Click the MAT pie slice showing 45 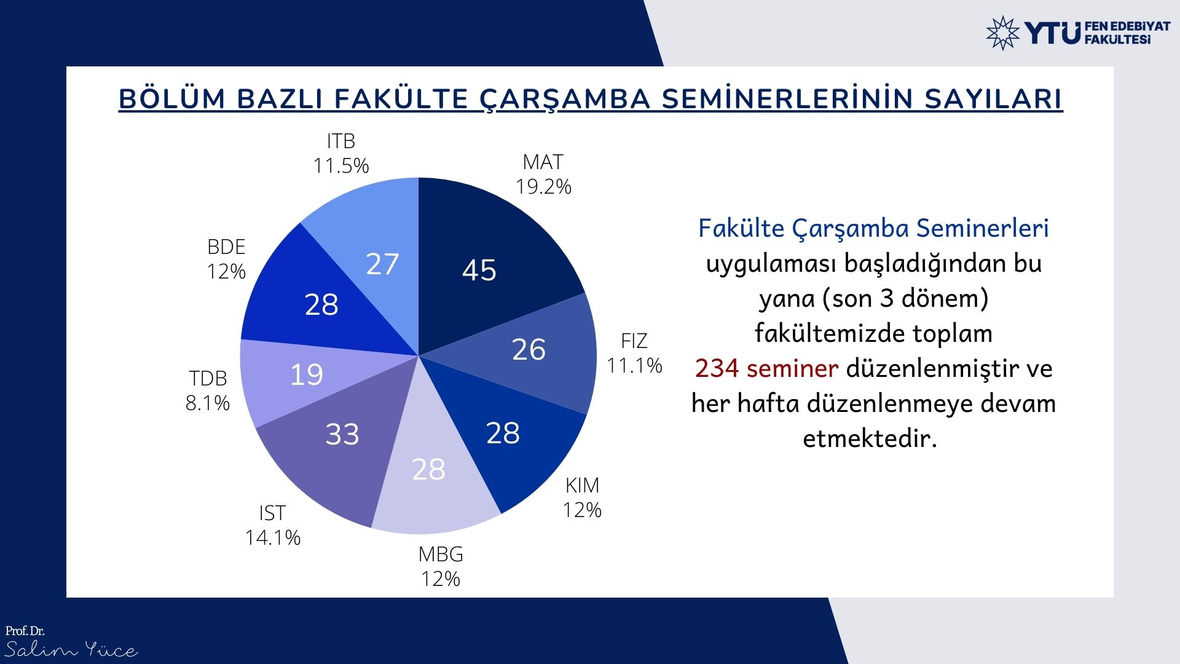pos(486,258)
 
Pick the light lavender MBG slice pos(430,480)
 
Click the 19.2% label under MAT pos(543,187)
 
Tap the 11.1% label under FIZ pos(634,366)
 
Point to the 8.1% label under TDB pos(208,403)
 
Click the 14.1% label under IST pos(273,538)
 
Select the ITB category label pos(341,141)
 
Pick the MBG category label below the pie pos(441,555)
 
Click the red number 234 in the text pos(717,369)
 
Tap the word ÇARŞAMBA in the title pos(565,100)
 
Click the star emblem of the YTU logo pos(1003,33)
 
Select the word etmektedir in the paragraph pos(870,439)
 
